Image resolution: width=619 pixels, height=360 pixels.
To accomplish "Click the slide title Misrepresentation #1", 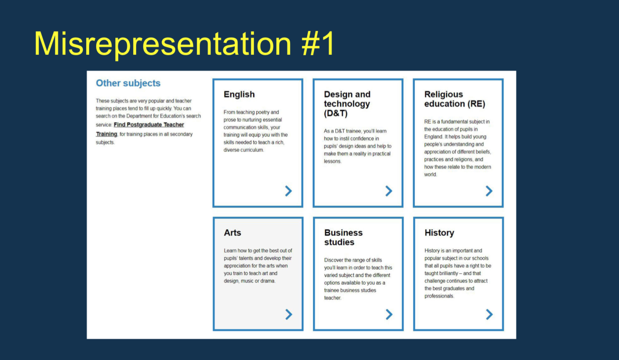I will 184,44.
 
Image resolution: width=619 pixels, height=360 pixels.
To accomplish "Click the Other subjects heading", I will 128,83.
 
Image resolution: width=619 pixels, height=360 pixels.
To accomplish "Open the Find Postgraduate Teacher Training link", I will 149,125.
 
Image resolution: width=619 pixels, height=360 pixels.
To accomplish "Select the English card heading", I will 239,94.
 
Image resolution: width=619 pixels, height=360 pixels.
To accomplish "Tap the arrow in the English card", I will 288,191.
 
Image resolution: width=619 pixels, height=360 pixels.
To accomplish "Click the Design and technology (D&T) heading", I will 347,104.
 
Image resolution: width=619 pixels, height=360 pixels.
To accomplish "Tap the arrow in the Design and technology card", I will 389,191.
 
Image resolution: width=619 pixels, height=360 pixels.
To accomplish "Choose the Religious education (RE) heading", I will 454,99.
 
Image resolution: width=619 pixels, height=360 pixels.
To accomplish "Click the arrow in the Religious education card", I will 489,191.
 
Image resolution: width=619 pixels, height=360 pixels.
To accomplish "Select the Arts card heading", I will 232,233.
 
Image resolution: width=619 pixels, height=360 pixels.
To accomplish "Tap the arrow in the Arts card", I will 288,314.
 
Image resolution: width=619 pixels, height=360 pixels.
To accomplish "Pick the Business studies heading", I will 343,237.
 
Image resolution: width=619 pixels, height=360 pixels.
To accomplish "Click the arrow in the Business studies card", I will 389,314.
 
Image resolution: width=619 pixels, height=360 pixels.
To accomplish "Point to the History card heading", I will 439,233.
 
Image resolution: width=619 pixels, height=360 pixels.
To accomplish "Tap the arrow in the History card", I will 489,314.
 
